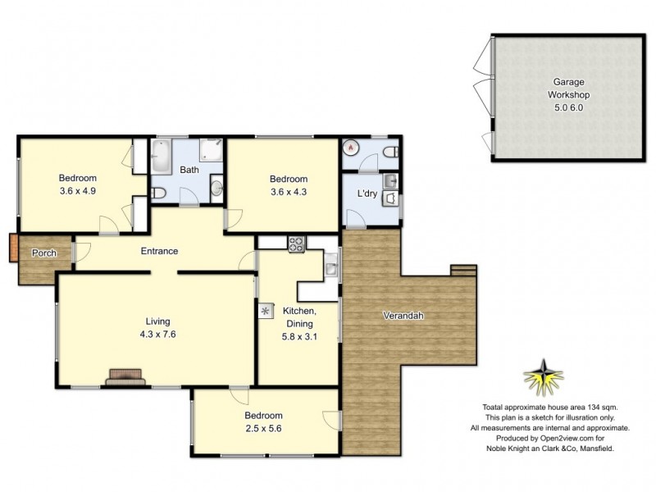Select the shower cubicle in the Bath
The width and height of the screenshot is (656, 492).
point(212,150)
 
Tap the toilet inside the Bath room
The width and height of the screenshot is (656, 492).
point(161,193)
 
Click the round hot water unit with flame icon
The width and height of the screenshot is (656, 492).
point(353,149)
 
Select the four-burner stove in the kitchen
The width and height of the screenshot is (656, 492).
point(296,243)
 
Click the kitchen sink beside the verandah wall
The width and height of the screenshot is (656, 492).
point(331,264)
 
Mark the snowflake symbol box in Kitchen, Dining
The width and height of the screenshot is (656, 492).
point(266,312)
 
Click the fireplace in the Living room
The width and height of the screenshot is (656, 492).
point(125,376)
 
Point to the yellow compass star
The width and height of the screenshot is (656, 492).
point(544,378)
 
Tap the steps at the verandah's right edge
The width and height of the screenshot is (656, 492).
point(463,270)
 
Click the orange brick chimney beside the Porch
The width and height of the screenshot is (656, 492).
point(12,248)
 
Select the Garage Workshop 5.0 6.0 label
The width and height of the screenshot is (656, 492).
point(569,94)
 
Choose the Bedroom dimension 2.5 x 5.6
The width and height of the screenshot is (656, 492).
point(263,428)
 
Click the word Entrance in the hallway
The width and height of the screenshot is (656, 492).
point(159,251)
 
